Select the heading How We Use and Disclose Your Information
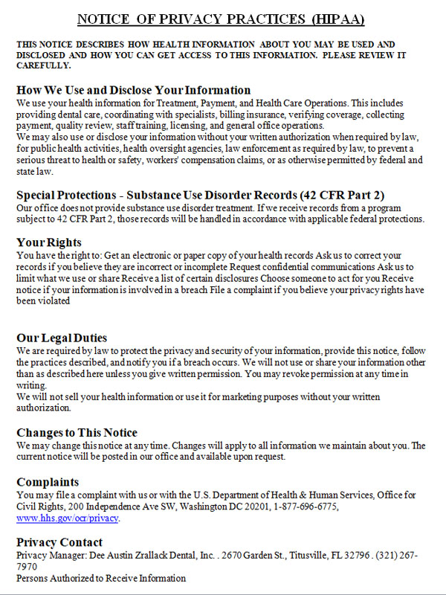click(x=134, y=90)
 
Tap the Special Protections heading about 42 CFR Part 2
click(x=200, y=195)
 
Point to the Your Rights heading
click(x=49, y=242)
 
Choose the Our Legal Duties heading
click(x=62, y=338)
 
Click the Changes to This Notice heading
click(x=77, y=433)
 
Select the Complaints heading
click(x=48, y=482)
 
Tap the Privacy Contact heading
click(x=59, y=542)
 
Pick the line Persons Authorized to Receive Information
click(x=101, y=578)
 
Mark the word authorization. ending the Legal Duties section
click(x=44, y=408)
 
